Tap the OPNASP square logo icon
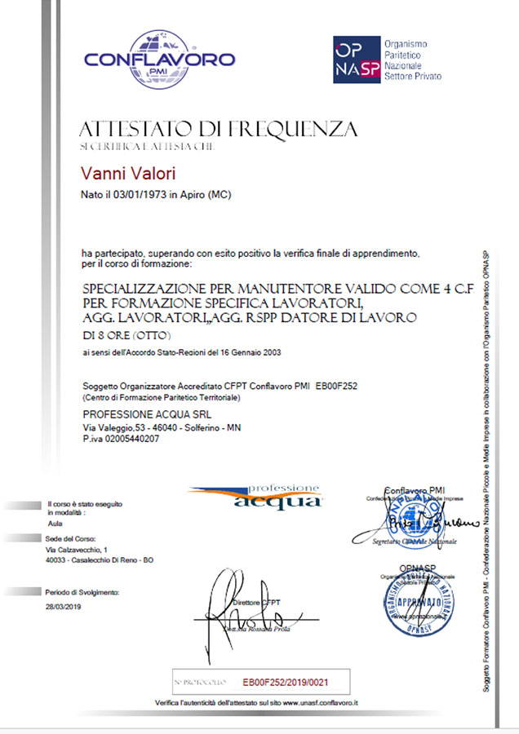click(x=357, y=60)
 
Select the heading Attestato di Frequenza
click(x=218, y=129)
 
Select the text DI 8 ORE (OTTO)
click(x=127, y=336)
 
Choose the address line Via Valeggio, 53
click(x=114, y=427)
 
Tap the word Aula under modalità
click(x=55, y=524)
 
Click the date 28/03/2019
click(x=64, y=607)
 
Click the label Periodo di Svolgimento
click(x=83, y=592)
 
